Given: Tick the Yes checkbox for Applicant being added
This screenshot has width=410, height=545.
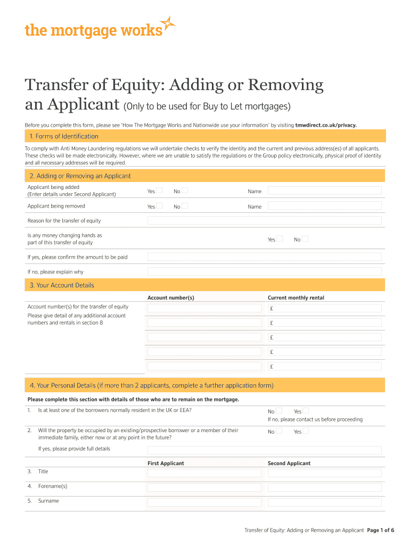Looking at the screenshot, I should tap(159, 191).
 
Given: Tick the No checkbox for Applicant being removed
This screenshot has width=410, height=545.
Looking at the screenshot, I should tap(185, 205).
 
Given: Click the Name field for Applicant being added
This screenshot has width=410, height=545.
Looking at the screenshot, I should tap(324, 191).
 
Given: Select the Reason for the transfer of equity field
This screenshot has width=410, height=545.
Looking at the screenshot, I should tap(264, 220).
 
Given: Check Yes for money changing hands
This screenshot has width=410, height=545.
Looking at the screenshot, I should tap(280, 238).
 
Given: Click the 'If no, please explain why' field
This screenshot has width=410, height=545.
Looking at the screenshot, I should tap(264, 271).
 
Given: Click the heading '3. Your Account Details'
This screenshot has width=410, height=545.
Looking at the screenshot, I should tap(62, 285).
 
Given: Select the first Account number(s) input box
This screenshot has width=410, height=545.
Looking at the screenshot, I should tap(204, 308).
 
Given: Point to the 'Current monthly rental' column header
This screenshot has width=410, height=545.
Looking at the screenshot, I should tap(296, 298).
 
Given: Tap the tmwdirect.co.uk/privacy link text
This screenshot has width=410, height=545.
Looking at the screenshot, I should tap(326, 125).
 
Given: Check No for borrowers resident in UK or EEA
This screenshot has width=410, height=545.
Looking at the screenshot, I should tap(279, 410).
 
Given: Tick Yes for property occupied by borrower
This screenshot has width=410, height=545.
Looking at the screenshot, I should tap(306, 431).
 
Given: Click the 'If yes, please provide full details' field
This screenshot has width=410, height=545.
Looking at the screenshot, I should tap(264, 450).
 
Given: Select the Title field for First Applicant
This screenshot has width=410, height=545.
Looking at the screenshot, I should tap(204, 473).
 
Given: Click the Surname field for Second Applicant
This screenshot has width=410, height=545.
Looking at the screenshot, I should tap(324, 502).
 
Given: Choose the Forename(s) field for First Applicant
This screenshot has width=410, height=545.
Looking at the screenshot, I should tap(204, 488).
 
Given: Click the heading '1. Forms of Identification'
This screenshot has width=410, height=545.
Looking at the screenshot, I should tap(64, 136).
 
